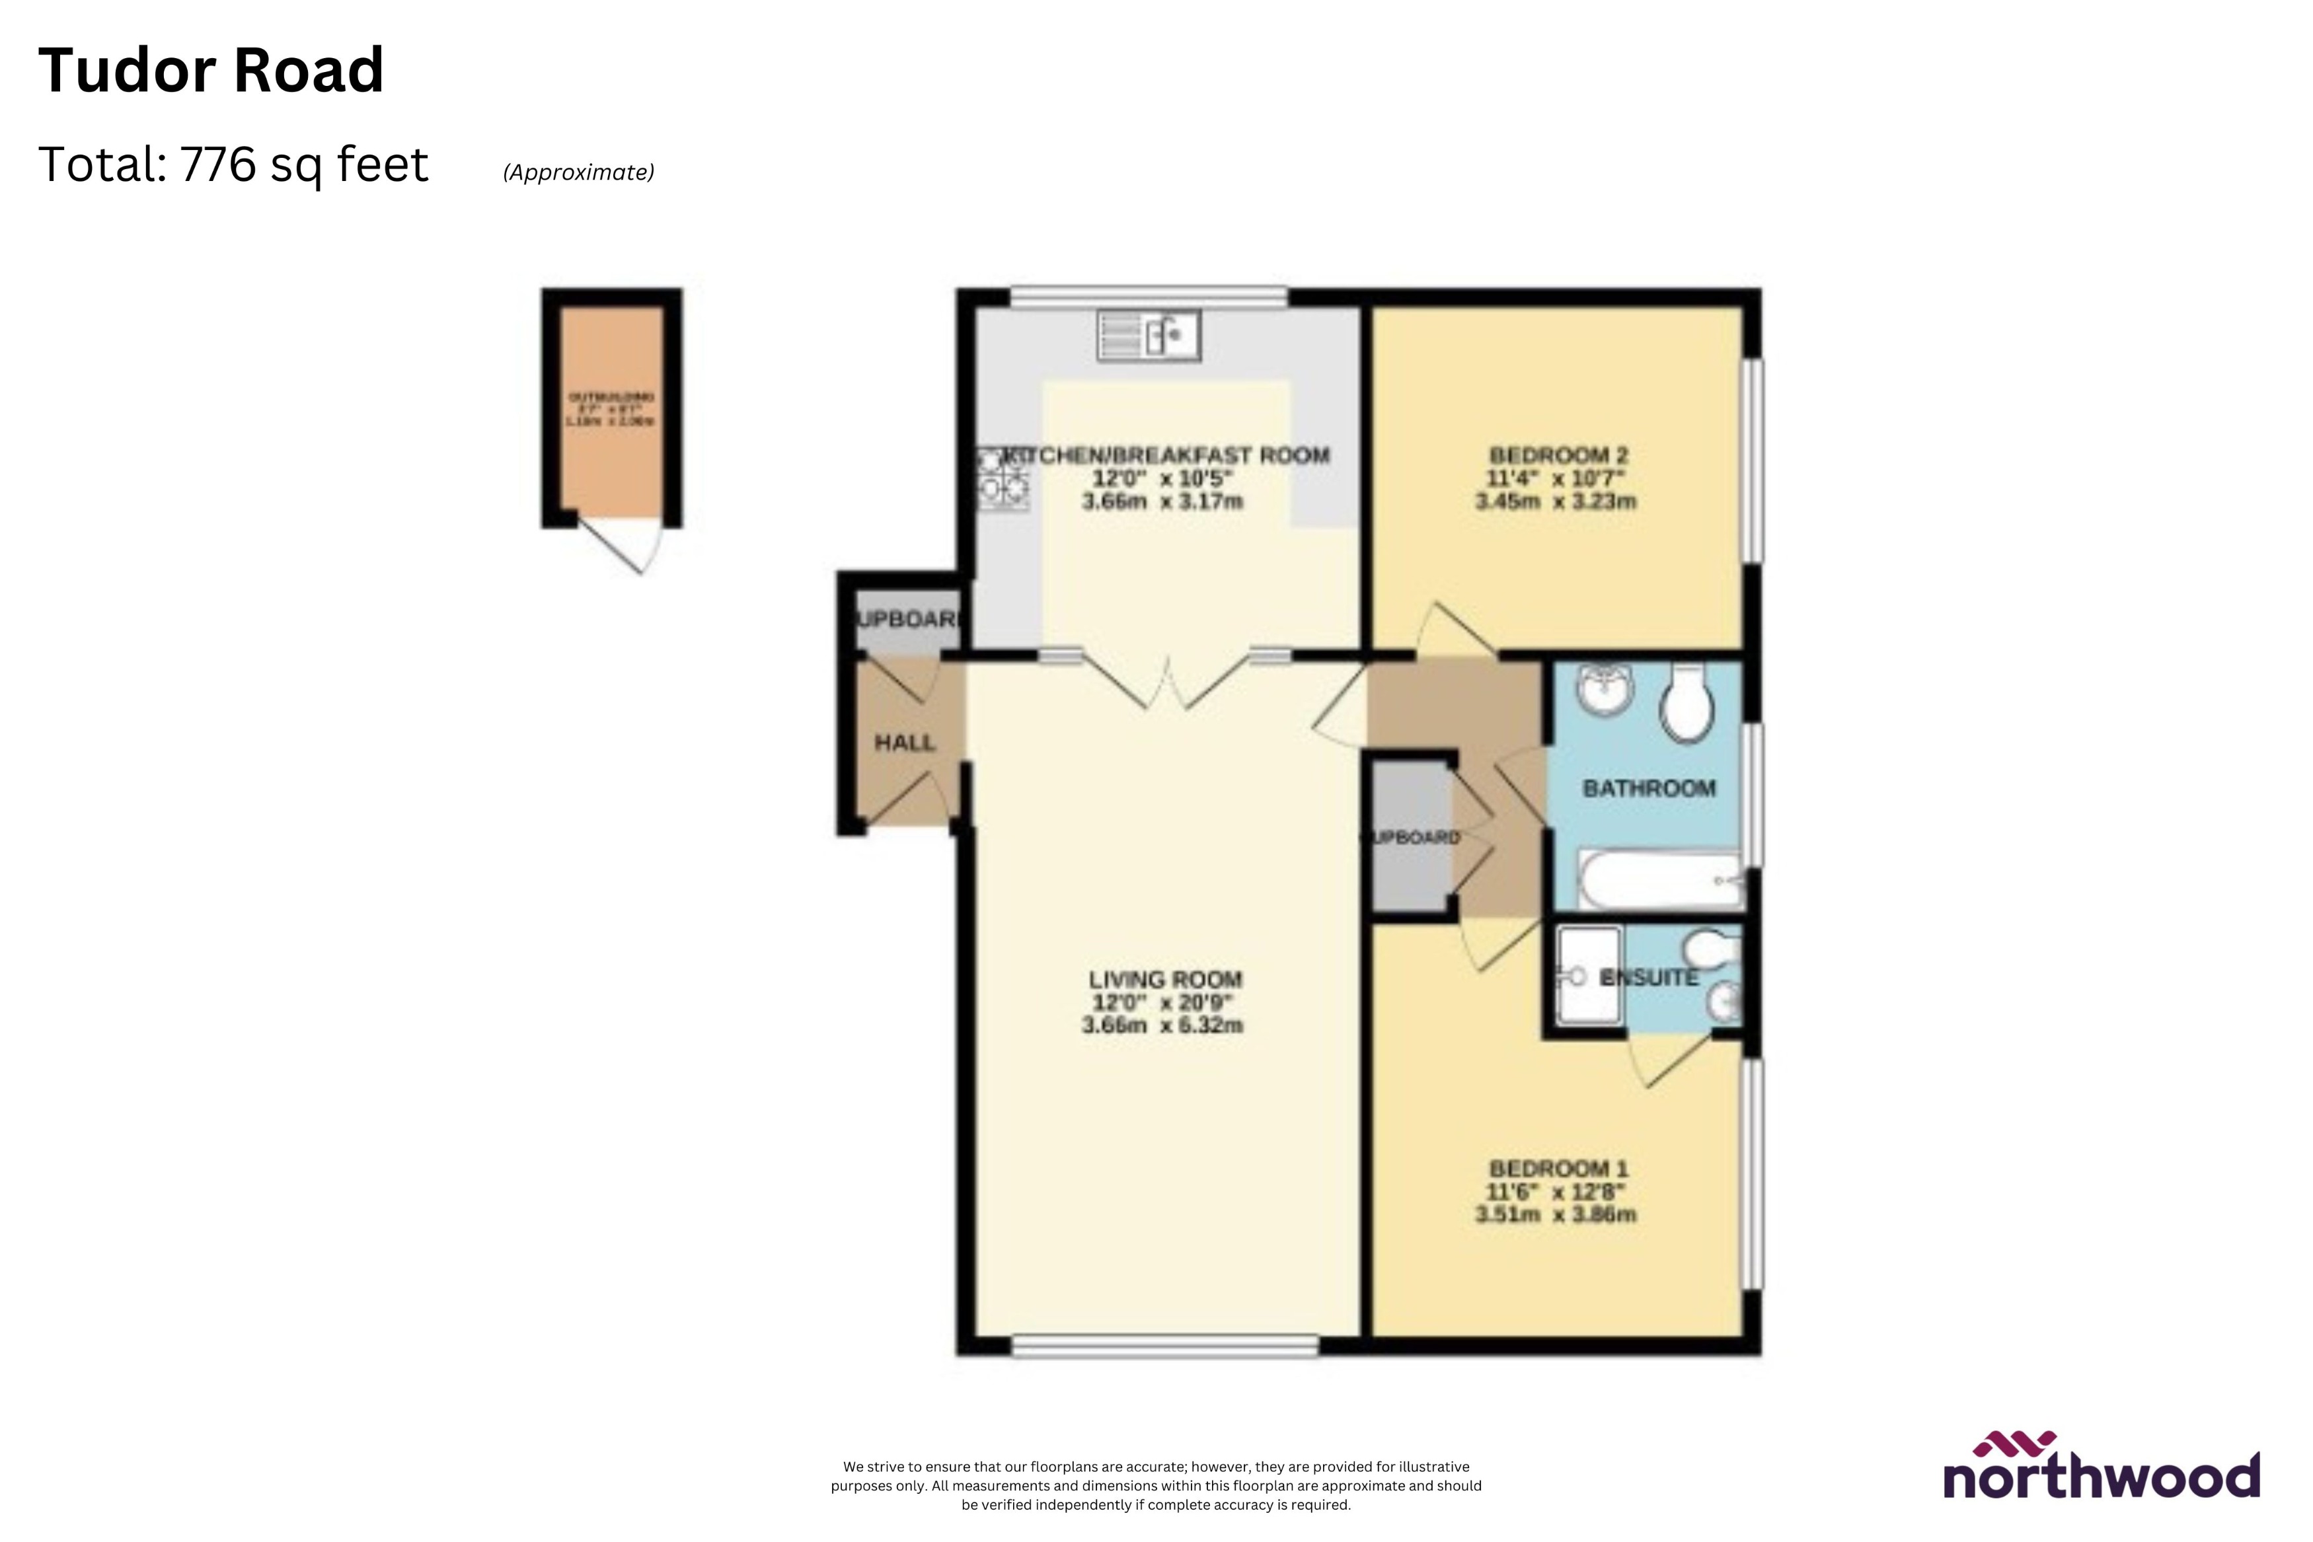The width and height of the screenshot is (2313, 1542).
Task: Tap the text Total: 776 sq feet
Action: (x=233, y=165)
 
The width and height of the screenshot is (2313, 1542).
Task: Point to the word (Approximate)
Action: (x=578, y=172)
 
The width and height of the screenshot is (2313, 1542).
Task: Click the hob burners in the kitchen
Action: (x=1003, y=479)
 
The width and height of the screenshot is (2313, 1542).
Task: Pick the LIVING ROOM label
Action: (x=1164, y=980)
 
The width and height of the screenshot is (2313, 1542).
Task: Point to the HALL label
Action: (x=904, y=743)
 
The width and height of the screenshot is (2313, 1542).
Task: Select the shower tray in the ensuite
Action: (x=1588, y=976)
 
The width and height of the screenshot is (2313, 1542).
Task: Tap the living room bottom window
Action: (x=1164, y=1345)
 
